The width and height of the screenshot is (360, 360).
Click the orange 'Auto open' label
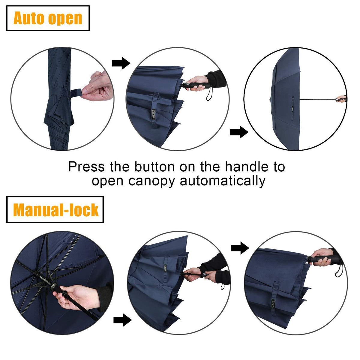(x=48, y=18)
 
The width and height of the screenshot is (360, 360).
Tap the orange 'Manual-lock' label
(x=55, y=210)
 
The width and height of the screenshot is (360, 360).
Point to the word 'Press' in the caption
(x=86, y=167)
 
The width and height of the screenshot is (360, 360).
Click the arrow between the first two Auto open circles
(x=121, y=63)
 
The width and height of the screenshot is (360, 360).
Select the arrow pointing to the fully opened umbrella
(x=239, y=132)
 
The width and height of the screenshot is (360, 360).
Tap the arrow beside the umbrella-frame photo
(x=122, y=320)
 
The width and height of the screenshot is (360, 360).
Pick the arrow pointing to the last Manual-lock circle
(x=240, y=248)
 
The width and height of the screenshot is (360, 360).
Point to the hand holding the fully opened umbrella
(x=341, y=99)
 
